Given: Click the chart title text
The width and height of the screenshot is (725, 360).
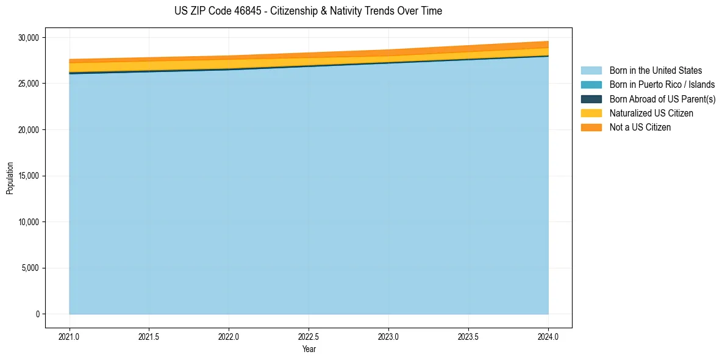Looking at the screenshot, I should coord(308,11).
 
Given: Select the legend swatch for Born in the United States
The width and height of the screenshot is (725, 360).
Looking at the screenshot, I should coord(591,71).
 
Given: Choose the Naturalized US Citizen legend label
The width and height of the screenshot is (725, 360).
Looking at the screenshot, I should coord(651,113).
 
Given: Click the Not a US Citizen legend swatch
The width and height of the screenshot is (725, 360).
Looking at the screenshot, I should coord(591,127).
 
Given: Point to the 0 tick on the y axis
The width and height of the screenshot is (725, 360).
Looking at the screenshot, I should coord(37,314).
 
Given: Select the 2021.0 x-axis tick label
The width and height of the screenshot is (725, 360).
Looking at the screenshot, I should coord(69,336).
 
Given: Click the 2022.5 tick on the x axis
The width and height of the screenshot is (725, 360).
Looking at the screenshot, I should coord(309,336).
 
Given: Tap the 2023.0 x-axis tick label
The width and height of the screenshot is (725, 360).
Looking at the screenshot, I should coord(388,336).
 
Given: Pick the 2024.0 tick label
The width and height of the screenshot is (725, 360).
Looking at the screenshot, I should coord(548,336).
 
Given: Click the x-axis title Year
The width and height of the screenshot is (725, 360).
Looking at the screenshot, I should coord(309,349).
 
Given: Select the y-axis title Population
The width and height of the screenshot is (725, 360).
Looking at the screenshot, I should coord(10,178).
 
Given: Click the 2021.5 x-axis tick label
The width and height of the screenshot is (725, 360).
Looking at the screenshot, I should coord(149,336).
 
